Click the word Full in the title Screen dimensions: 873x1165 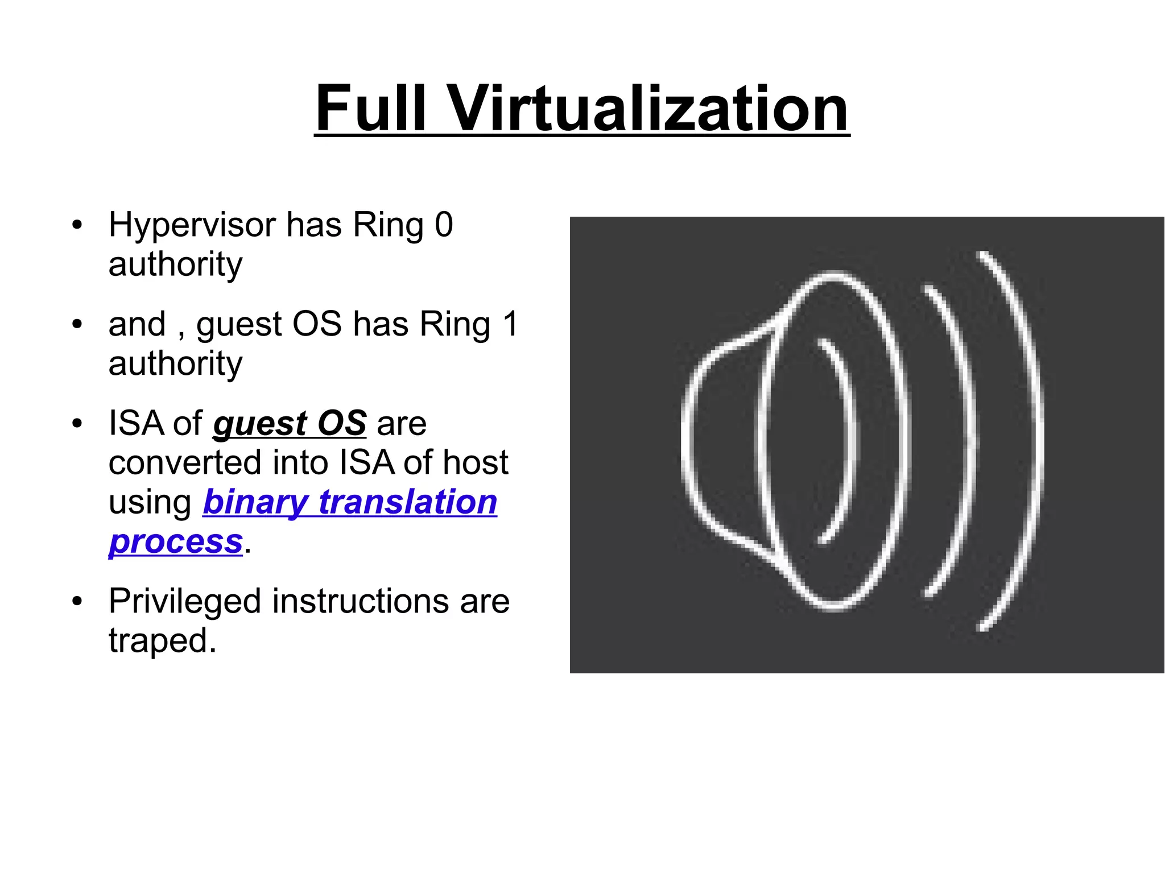370,108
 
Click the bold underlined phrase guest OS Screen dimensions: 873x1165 290,424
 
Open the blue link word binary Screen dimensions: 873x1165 255,503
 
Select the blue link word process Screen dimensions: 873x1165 176,542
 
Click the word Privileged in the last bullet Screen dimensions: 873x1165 184,602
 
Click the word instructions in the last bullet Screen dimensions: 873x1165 361,601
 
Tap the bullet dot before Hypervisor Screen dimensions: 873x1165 77,225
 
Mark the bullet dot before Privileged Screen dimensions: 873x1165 77,601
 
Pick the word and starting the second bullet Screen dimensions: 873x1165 137,324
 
